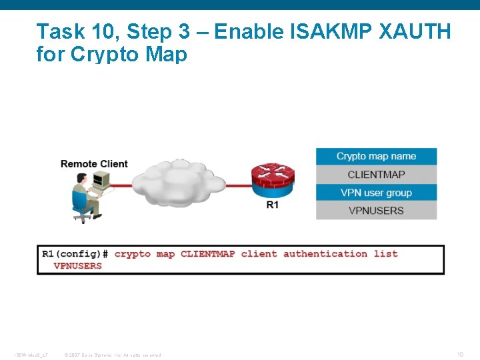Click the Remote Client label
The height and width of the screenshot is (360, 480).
(x=94, y=164)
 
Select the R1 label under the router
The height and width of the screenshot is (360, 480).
(x=273, y=205)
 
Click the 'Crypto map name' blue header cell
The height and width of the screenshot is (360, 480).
(x=376, y=157)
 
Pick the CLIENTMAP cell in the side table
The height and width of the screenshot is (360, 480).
(x=376, y=175)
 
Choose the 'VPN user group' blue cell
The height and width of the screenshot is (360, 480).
(x=376, y=193)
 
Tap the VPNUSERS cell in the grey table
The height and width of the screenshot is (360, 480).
(x=376, y=211)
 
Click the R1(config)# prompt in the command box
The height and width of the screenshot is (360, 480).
(x=75, y=254)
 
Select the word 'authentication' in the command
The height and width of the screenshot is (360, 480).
(x=325, y=254)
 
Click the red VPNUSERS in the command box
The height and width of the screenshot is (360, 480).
(x=78, y=266)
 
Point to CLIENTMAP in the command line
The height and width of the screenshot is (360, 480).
(x=207, y=254)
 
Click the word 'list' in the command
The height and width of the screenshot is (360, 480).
(x=385, y=254)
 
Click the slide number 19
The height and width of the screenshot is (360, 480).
(x=460, y=354)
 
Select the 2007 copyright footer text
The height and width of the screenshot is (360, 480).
(x=112, y=355)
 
